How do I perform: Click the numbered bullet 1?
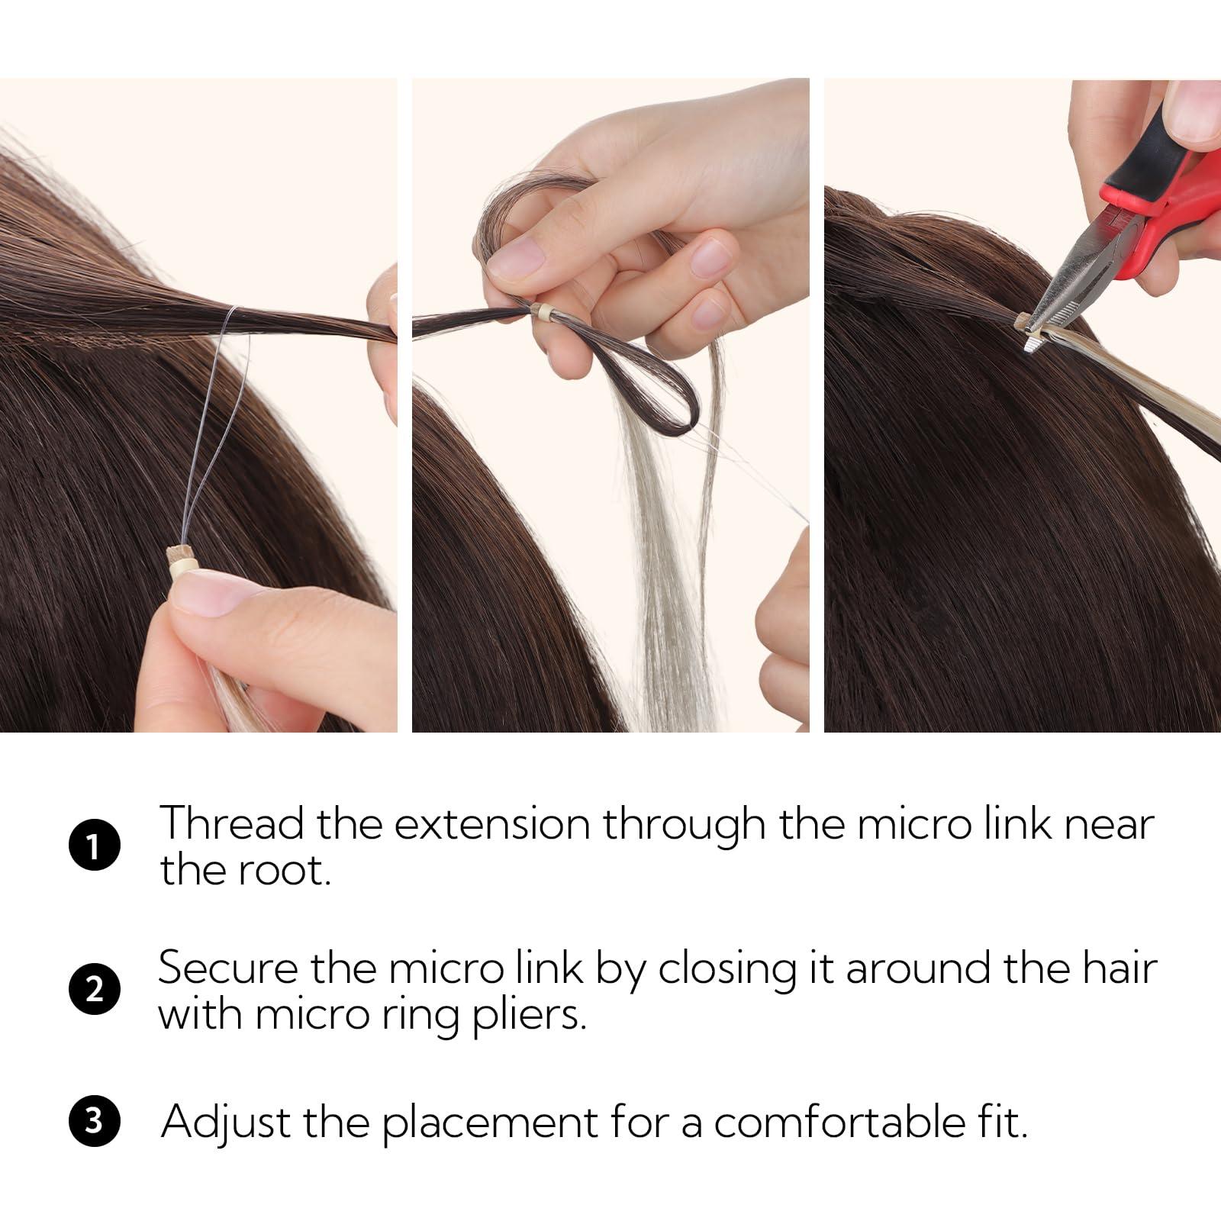[x=94, y=847]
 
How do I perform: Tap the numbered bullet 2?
[x=94, y=990]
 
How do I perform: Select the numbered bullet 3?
[x=94, y=1123]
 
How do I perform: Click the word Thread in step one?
[x=231, y=824]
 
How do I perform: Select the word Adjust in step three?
[x=226, y=1123]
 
